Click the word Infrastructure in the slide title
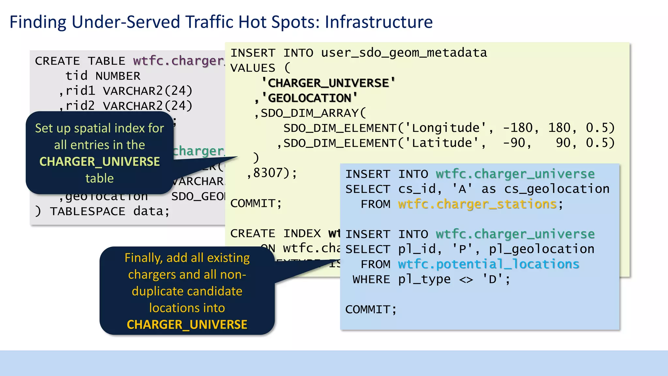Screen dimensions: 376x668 coord(379,22)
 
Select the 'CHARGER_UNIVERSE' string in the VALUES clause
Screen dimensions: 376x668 coord(328,83)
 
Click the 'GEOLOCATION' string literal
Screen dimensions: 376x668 coord(310,98)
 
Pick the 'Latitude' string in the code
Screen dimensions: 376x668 coord(442,143)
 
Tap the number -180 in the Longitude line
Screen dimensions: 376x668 coord(518,128)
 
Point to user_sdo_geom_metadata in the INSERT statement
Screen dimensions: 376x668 coord(404,53)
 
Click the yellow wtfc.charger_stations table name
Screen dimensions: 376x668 coord(477,204)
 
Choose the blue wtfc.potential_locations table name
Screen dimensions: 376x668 coord(488,264)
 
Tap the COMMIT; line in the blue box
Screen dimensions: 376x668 coord(371,309)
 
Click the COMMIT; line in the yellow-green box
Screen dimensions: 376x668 coord(256,203)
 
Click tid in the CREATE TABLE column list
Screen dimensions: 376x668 coord(76,76)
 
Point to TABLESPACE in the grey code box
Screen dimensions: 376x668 coord(87,211)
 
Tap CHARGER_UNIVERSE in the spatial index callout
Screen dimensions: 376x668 coord(99,162)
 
